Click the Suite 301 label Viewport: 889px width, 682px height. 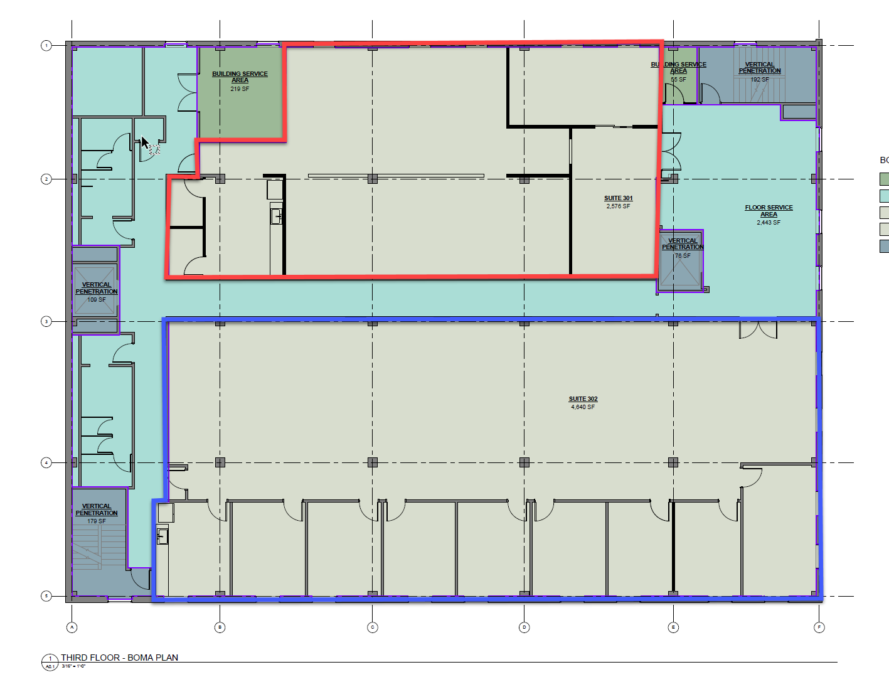(618, 198)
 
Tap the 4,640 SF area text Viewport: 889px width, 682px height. (583, 407)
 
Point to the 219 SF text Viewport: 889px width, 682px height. (240, 89)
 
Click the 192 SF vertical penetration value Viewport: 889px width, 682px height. (759, 80)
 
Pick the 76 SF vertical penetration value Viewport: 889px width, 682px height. (683, 256)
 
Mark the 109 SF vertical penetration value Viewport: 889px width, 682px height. (96, 300)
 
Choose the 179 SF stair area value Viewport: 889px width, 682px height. (96, 521)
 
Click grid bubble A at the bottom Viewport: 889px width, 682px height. (72, 627)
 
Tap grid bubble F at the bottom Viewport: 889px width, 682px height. (819, 627)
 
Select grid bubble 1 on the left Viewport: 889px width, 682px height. (46, 46)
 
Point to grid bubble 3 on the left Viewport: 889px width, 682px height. (46, 322)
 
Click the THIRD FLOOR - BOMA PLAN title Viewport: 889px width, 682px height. (119, 658)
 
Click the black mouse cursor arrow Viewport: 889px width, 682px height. (144, 142)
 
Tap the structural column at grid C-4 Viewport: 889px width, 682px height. (373, 462)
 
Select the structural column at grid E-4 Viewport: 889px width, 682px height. (673, 462)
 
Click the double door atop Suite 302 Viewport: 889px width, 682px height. (758, 329)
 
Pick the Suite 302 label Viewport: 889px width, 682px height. (583, 399)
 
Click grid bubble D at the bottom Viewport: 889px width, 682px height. (524, 627)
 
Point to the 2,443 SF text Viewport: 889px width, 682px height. (769, 223)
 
